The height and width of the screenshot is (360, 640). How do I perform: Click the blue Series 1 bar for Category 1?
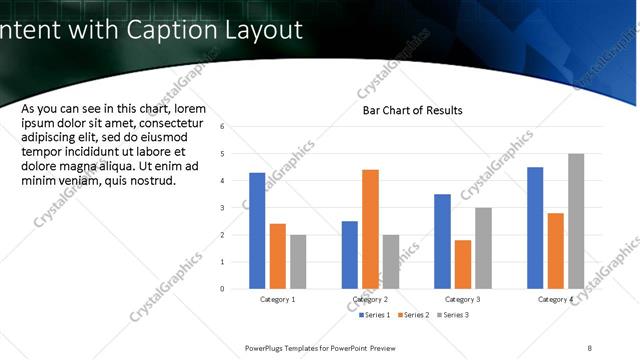[257, 231]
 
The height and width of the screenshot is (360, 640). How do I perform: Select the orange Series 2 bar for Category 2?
[370, 229]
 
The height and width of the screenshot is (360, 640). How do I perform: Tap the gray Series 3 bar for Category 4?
[575, 221]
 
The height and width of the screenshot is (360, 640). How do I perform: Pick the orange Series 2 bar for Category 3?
[462, 264]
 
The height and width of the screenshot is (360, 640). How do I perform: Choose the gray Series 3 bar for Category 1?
[298, 262]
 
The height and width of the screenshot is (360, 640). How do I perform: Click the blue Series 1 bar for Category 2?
[349, 255]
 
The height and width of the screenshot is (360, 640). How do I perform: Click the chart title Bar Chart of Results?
[412, 110]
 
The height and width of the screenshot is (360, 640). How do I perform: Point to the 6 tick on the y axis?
[236, 127]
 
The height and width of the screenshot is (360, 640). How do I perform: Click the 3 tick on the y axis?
[236, 208]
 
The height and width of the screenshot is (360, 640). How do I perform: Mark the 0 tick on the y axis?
[236, 289]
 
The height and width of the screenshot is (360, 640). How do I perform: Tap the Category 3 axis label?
[463, 299]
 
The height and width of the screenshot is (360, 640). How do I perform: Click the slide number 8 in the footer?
[590, 347]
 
